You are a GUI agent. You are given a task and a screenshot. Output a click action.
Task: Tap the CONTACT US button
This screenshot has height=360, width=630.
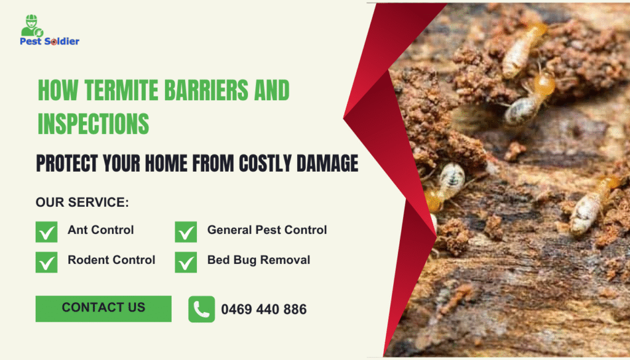pyautogui.click(x=103, y=308)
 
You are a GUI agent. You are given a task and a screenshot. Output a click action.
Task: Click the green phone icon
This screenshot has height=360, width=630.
pyautogui.click(x=201, y=309)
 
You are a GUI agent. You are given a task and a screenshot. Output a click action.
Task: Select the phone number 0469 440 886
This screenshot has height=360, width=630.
pyautogui.click(x=263, y=310)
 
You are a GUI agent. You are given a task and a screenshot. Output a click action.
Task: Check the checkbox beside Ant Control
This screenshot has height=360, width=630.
pyautogui.click(x=47, y=231)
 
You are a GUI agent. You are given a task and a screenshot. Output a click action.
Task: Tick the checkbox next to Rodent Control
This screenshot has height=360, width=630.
pyautogui.click(x=47, y=262)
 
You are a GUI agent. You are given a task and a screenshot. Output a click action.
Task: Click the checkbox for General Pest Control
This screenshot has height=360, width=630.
pyautogui.click(x=186, y=231)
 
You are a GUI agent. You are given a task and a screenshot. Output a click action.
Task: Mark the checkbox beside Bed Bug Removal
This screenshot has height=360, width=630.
pyautogui.click(x=186, y=262)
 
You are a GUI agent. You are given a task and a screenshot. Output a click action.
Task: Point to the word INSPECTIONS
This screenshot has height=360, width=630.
pyautogui.click(x=94, y=124)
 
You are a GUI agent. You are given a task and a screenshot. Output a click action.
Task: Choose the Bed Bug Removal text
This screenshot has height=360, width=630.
pyautogui.click(x=258, y=260)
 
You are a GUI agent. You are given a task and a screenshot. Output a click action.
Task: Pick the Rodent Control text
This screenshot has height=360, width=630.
pyautogui.click(x=111, y=260)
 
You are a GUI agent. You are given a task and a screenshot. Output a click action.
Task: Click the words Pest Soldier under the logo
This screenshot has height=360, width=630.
pyautogui.click(x=50, y=42)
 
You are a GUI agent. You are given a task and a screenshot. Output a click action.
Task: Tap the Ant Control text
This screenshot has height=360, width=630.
pyautogui.click(x=100, y=230)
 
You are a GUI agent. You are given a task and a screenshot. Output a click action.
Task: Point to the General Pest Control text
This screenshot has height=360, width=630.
pyautogui.click(x=267, y=230)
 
